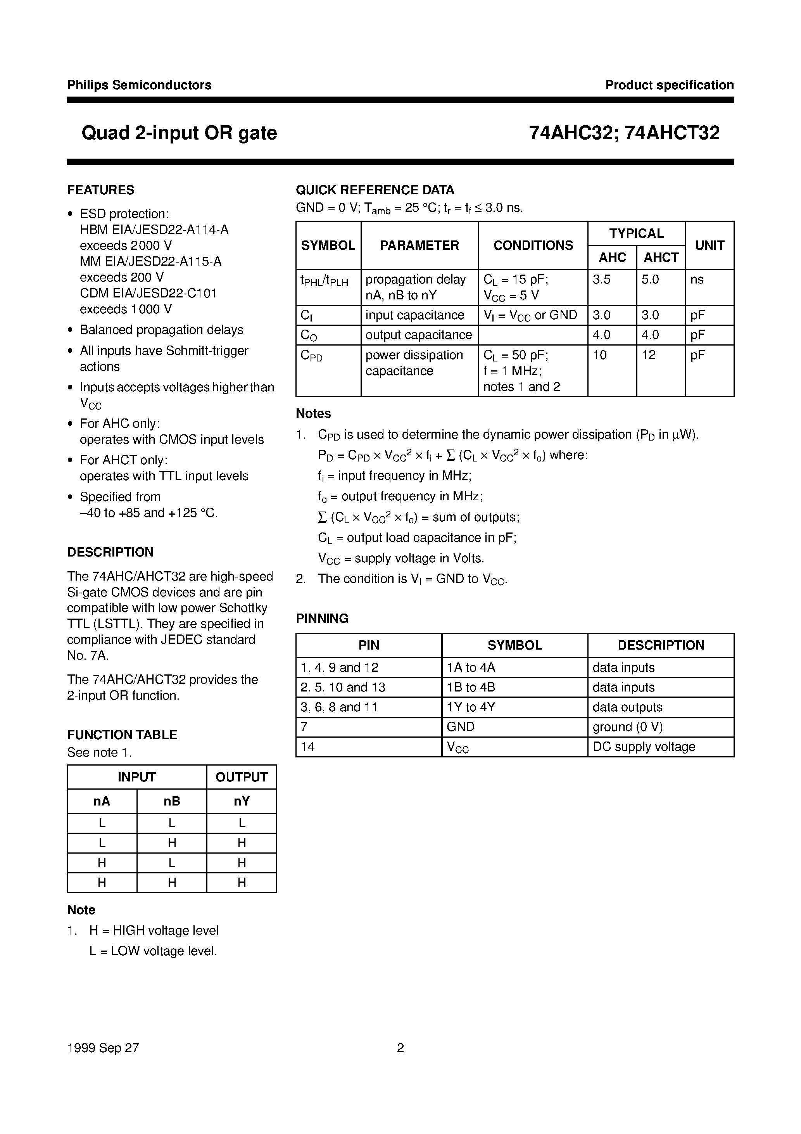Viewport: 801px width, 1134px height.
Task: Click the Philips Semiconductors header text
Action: pos(139,85)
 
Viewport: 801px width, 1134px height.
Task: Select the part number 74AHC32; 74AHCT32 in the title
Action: pos(624,133)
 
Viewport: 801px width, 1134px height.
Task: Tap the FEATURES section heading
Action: pos(101,190)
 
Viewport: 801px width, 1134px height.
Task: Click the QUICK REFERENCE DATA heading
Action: pos(375,190)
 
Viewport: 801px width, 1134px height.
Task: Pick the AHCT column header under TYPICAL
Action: pos(661,258)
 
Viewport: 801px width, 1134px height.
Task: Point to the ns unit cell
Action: pos(697,280)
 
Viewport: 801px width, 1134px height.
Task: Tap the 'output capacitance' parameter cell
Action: pos(419,335)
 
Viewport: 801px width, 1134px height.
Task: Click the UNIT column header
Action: pos(709,245)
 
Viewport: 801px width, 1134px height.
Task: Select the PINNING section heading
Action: pos(322,618)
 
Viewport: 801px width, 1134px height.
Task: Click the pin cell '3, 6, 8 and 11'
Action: pos(339,707)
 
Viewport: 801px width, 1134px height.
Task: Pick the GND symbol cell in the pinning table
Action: pos(460,727)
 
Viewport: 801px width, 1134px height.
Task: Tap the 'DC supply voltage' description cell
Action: pos(644,747)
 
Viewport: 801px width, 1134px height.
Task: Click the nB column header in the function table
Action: pos(171,802)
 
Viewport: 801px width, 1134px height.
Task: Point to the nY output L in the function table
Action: pos(242,823)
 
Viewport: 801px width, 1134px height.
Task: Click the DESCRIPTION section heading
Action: pos(110,552)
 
